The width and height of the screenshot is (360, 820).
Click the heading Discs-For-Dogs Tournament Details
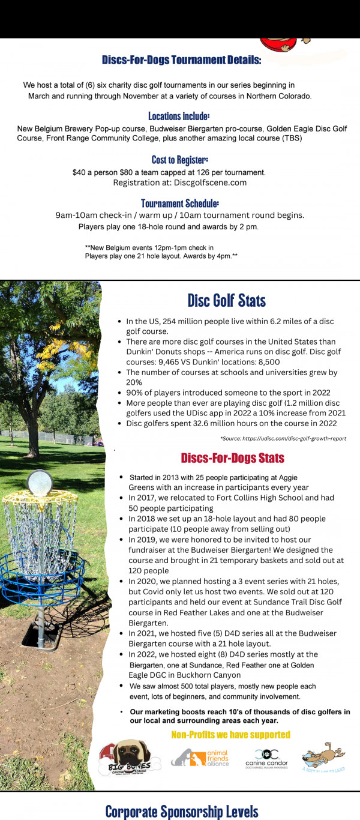181,60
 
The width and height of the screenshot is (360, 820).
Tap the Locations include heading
179,116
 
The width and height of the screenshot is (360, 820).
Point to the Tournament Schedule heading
179,203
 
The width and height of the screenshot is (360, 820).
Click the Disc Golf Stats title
226,300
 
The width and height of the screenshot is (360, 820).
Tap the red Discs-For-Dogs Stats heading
232,458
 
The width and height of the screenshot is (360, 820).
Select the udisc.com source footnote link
283,438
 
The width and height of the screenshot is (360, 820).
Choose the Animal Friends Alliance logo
200,758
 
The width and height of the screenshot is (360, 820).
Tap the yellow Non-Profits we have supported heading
230,735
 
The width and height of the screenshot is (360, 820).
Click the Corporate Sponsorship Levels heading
182,812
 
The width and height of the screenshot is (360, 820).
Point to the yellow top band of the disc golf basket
40,499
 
